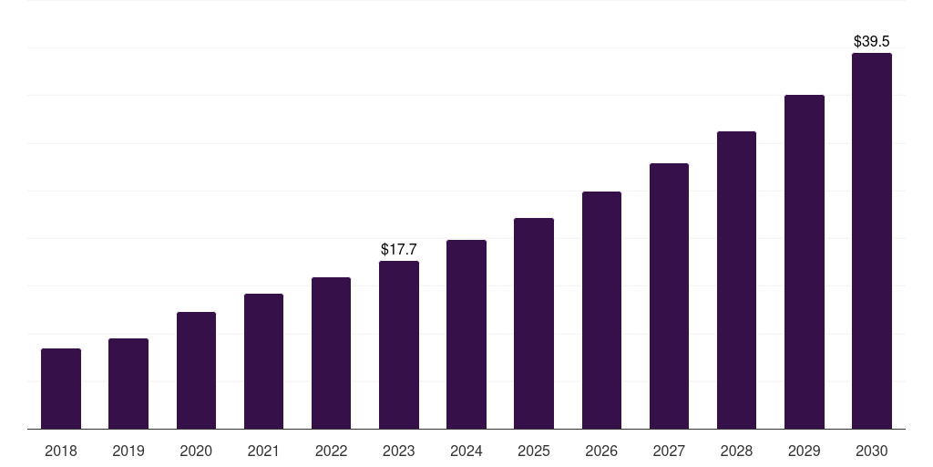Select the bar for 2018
pos(61,389)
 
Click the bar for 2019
pos(128,384)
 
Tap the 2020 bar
pos(197,370)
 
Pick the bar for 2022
pos(331,353)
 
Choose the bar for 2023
pos(399,345)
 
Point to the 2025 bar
pos(534,324)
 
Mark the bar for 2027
pos(669,296)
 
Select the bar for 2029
pos(805,262)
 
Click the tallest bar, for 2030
pos(872,241)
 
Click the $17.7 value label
pos(399,249)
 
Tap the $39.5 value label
pos(872,41)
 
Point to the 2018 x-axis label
pos(61,451)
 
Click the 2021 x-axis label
pos(263,451)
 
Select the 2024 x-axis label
pos(466,451)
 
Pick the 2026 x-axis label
pos(601,451)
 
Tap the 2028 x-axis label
pos(736,451)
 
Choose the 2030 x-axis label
pos(872,451)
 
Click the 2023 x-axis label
pos(399,451)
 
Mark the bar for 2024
pos(466,334)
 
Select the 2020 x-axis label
pos(196,451)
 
